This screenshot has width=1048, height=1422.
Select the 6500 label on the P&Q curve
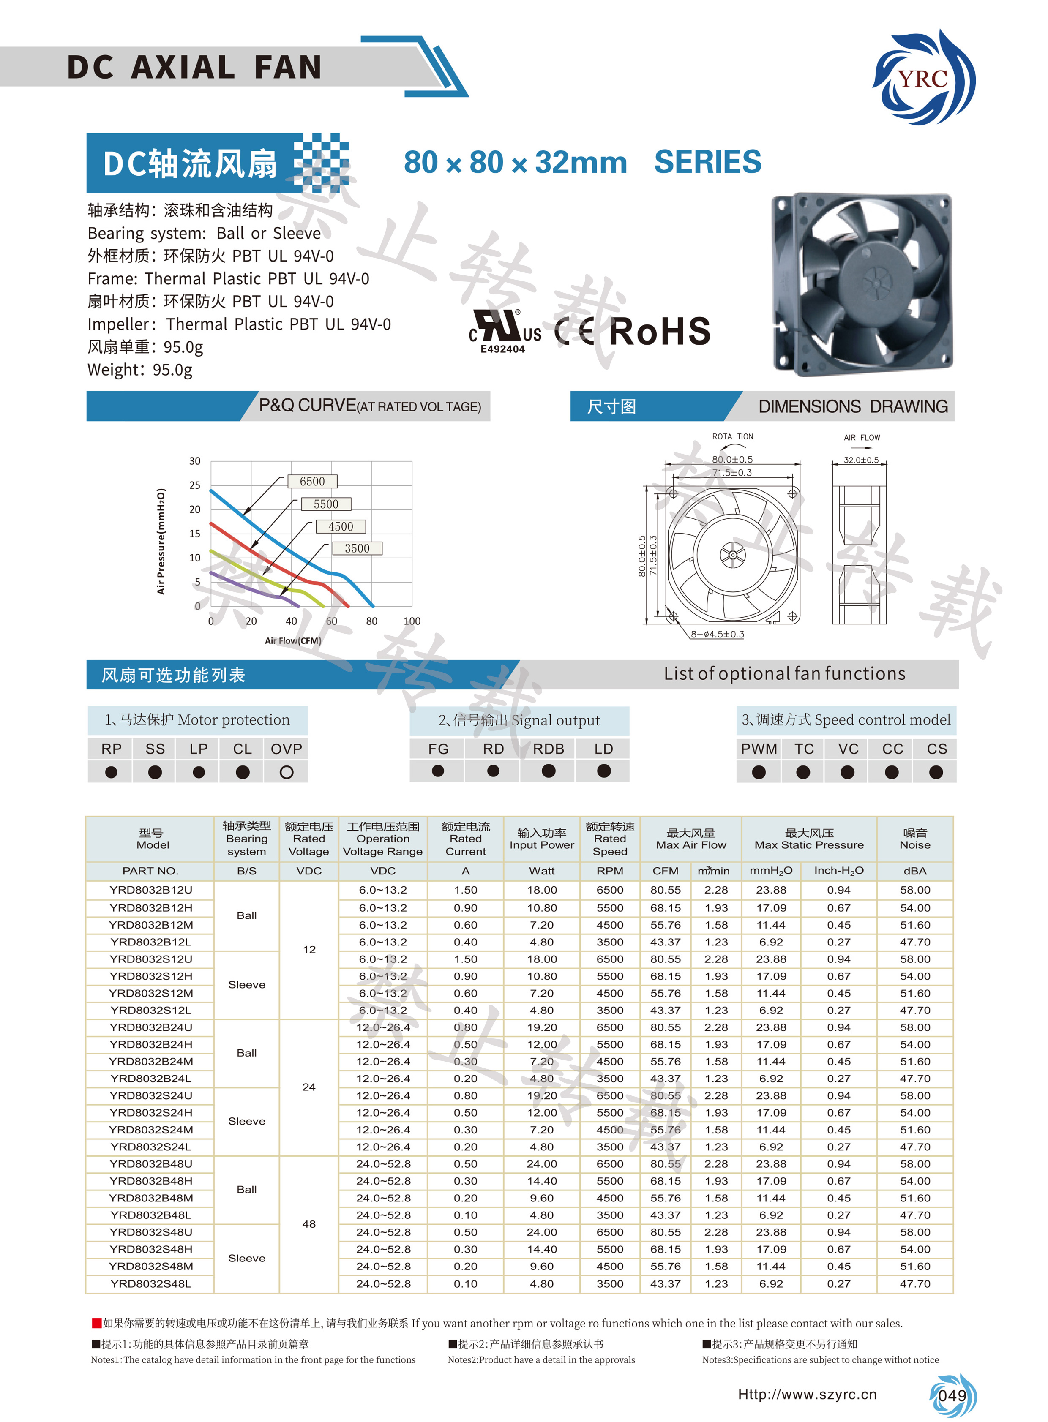pyautogui.click(x=312, y=482)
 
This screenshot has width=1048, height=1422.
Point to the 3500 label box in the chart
pyautogui.click(x=357, y=548)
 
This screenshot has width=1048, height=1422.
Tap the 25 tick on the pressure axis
pyautogui.click(x=195, y=485)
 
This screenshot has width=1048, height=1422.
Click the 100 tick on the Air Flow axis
pyautogui.click(x=412, y=621)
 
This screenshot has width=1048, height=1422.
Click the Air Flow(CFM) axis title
pyautogui.click(x=293, y=640)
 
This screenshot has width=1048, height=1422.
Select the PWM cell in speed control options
pyautogui.click(x=759, y=749)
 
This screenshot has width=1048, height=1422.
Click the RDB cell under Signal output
pyautogui.click(x=548, y=749)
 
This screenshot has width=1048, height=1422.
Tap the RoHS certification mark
pyautogui.click(x=660, y=332)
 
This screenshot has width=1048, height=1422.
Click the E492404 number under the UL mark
pyautogui.click(x=502, y=349)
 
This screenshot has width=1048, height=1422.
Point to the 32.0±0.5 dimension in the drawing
pyautogui.click(x=861, y=460)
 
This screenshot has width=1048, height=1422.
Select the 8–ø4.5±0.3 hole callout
pyautogui.click(x=717, y=634)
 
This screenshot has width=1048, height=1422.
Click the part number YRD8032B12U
pyautogui.click(x=150, y=890)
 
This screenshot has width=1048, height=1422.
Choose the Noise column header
pyautogui.click(x=915, y=839)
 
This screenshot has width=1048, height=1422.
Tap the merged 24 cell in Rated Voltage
pyautogui.click(x=309, y=1087)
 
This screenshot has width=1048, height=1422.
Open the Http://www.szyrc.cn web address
pyautogui.click(x=807, y=1394)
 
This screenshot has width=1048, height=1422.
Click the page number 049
pyautogui.click(x=952, y=1395)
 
